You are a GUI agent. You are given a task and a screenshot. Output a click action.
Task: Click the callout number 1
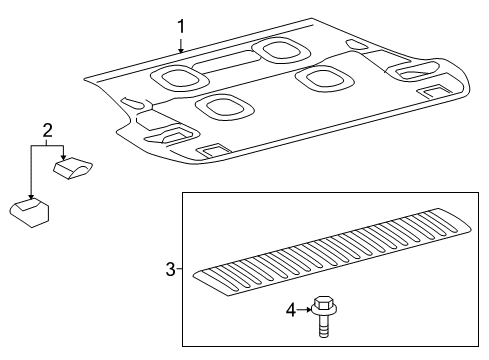click(180, 25)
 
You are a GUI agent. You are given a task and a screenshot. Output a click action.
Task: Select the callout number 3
click(170, 268)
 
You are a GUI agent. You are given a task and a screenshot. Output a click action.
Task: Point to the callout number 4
click(291, 310)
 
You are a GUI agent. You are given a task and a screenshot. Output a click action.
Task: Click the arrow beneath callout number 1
click(180, 45)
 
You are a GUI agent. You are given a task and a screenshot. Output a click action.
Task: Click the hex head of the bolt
click(323, 303)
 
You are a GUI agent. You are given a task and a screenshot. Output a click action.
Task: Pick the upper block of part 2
click(73, 167)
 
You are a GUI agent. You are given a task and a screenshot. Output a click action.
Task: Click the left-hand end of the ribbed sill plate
click(205, 276)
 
